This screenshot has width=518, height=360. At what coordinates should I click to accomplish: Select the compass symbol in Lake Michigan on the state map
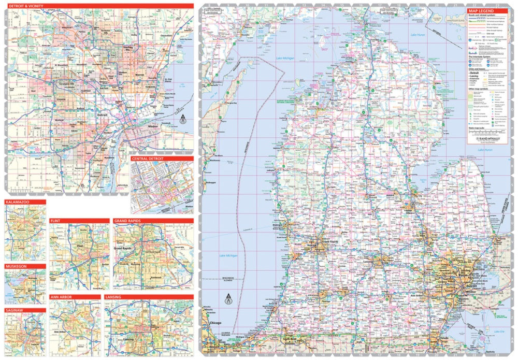(x=227, y=299)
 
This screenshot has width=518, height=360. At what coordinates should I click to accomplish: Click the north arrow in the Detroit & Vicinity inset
(x=182, y=120)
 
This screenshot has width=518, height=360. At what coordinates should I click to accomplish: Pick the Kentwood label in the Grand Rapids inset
(x=155, y=279)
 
